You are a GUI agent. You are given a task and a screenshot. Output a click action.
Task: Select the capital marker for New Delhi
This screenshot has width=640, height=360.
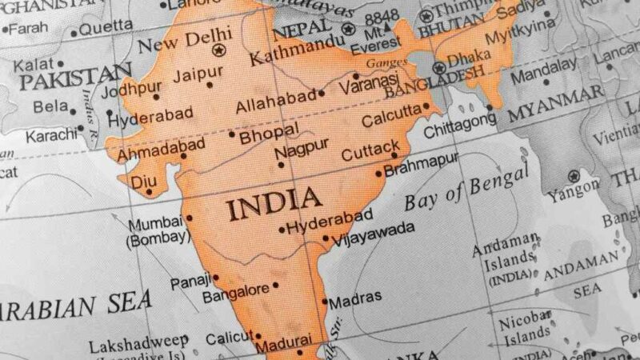(218, 50)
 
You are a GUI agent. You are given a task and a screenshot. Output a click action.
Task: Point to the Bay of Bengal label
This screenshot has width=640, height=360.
(466, 189)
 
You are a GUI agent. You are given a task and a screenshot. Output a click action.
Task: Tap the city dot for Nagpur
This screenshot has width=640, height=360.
(281, 166)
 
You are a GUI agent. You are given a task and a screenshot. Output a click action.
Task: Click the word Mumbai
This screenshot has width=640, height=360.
(156, 223)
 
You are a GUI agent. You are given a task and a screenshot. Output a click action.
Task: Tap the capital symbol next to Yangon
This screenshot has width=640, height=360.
(573, 176)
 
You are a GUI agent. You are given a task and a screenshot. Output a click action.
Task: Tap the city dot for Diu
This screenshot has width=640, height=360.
(149, 192)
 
